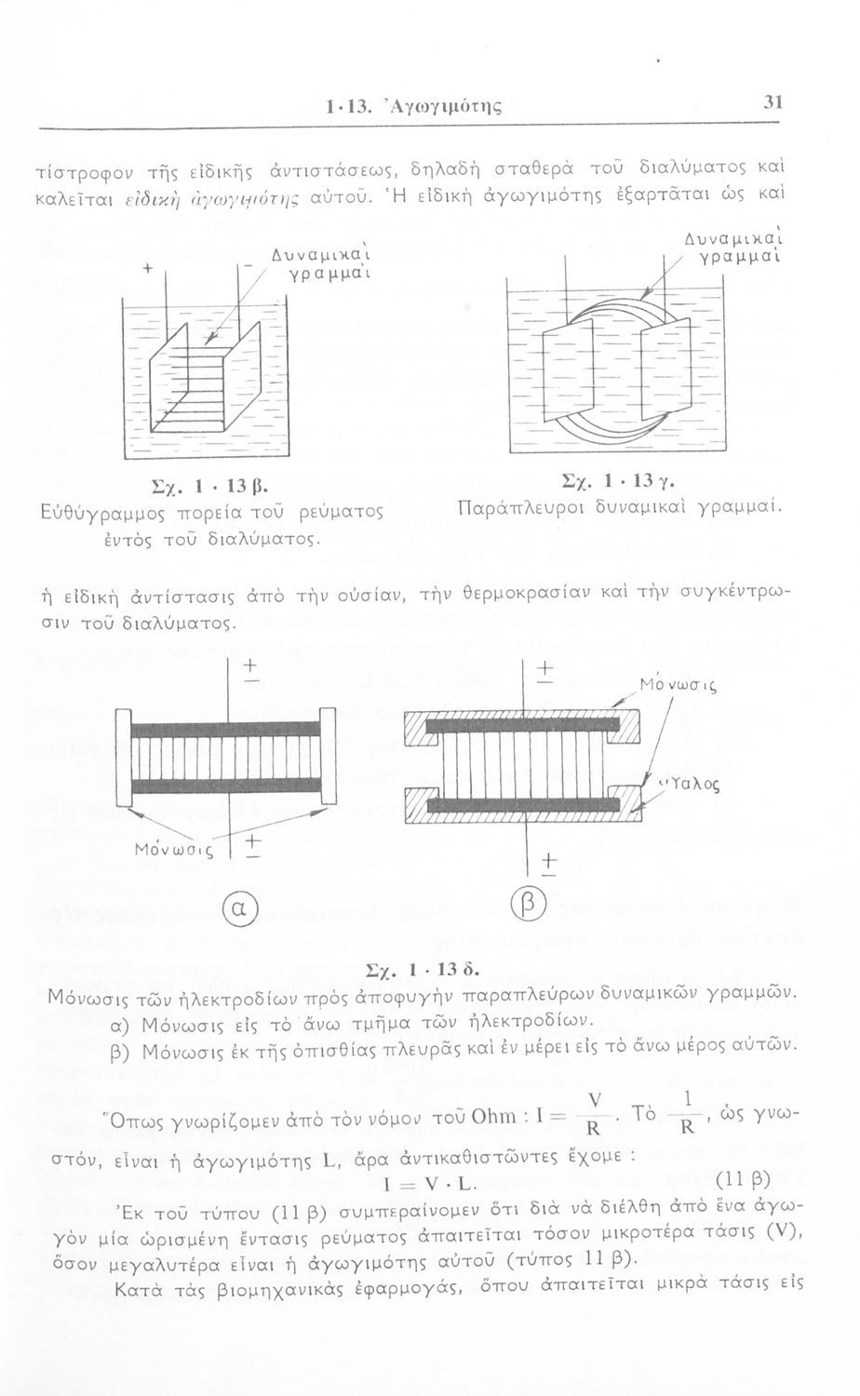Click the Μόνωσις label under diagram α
(173, 849)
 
